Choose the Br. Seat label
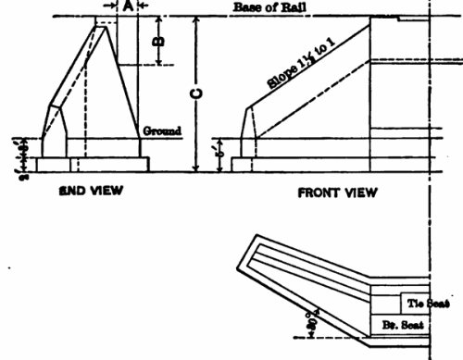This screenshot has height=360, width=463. click(x=404, y=326)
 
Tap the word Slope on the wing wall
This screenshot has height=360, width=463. click(x=281, y=81)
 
